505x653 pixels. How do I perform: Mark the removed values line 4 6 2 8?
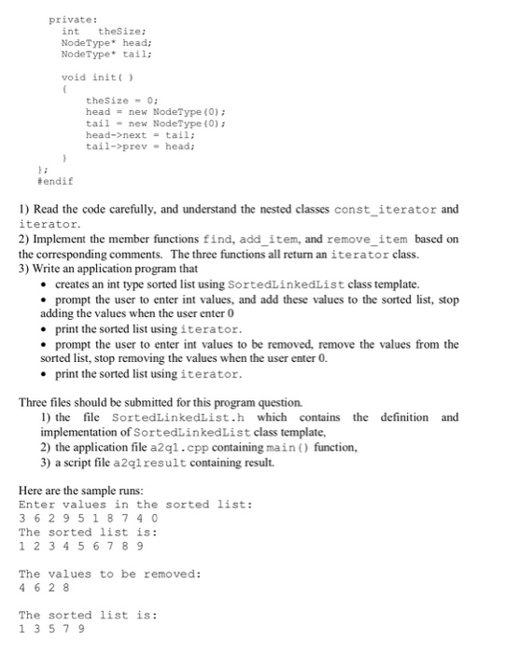coord(43,588)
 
